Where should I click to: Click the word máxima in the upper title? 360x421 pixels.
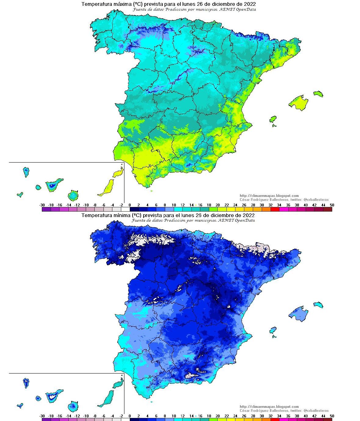coord(118,4)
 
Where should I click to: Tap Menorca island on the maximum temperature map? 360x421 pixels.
coord(318,93)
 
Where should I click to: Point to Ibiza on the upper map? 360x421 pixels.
coord(273,119)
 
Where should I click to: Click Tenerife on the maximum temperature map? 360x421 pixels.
coord(53,185)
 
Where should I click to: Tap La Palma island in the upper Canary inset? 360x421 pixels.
coord(26,172)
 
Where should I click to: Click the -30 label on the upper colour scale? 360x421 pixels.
coord(42,205)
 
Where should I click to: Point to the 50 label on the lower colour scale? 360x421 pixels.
coord(332,416)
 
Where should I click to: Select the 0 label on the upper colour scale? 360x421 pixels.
coord(130,205)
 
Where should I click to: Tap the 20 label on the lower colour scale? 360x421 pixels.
coord(218,416)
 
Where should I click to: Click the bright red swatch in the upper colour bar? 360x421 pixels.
coord(275,209)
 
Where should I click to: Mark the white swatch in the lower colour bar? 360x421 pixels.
coord(125,420)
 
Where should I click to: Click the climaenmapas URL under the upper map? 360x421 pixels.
coord(269,196)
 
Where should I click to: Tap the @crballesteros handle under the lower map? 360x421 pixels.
coord(316,411)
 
